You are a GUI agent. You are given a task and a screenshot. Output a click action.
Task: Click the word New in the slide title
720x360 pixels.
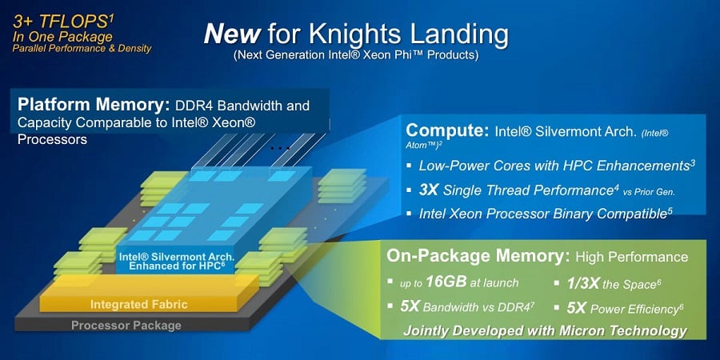[232, 34]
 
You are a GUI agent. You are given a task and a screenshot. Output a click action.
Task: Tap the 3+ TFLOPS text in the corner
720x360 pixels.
[58, 22]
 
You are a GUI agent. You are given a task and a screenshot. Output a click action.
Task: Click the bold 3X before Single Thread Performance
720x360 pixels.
[429, 190]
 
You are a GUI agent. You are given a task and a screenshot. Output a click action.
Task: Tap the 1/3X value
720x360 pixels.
[582, 283]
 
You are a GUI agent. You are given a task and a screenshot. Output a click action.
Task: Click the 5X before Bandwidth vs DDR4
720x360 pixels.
[410, 306]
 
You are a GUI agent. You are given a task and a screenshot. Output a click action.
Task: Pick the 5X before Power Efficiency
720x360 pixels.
[576, 307]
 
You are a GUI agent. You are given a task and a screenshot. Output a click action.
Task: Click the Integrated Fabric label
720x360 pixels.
[139, 304]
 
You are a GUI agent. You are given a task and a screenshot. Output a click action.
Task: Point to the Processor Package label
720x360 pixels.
[126, 326]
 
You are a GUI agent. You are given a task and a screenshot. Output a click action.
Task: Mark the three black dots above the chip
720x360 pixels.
[280, 148]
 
